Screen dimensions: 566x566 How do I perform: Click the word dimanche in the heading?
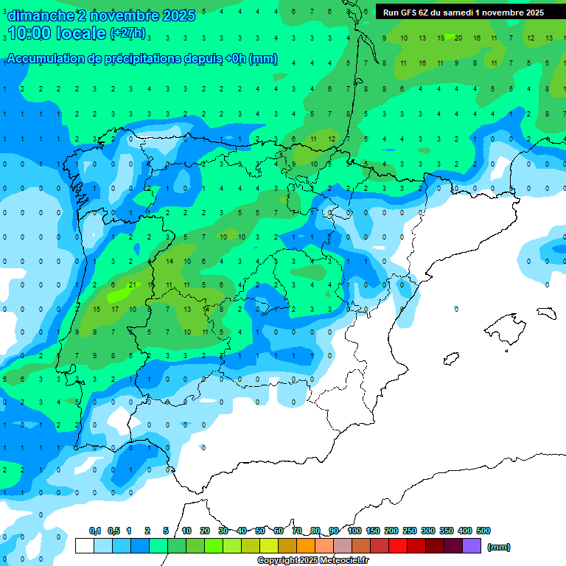[x=40, y=15]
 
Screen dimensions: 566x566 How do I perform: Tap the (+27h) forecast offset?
[x=127, y=33]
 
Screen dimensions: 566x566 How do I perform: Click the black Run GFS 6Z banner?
[x=464, y=13]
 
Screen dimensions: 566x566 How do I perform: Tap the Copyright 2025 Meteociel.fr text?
[x=313, y=561]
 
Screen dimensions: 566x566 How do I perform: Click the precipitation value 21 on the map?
[x=132, y=285]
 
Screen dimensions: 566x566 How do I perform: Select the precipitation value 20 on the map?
[x=458, y=38]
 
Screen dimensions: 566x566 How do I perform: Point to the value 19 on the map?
[x=440, y=38]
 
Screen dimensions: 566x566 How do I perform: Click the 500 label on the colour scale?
[x=483, y=531]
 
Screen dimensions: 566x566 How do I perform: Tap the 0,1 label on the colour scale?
[x=95, y=531]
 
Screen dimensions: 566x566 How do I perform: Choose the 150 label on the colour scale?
[x=373, y=531]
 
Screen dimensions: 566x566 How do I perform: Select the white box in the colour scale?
[x=85, y=546]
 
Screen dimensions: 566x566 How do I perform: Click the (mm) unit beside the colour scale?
[x=499, y=547]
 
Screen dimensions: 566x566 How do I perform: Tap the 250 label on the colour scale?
[x=410, y=531]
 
